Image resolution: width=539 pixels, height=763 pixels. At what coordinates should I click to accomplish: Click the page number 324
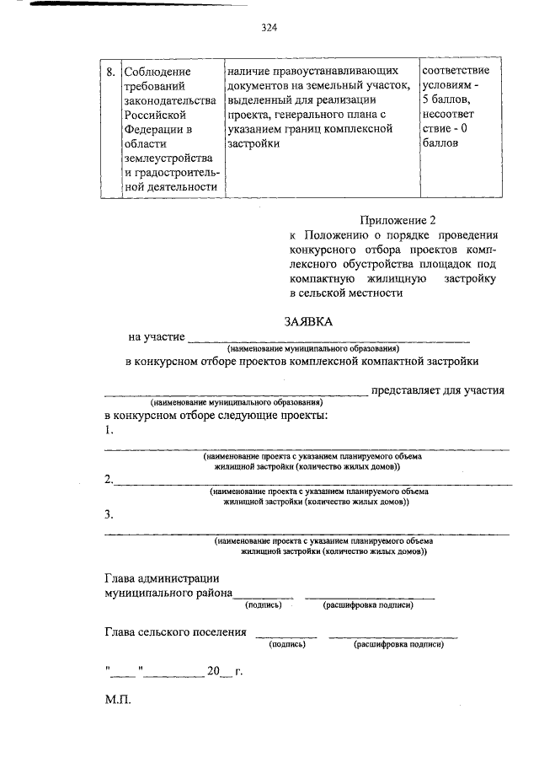point(269,27)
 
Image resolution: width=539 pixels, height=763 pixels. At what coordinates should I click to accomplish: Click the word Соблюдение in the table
point(157,72)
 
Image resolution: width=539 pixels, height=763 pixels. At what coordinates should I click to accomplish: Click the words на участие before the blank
point(157,337)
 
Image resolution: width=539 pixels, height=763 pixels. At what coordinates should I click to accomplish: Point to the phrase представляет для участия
point(438,390)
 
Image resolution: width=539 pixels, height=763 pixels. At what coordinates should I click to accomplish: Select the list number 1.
point(109,431)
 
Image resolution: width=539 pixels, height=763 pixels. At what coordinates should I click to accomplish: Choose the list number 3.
point(109,514)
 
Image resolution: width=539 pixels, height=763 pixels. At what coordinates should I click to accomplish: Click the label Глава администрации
point(162,578)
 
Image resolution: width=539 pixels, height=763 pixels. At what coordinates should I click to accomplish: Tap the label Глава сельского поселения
point(176,631)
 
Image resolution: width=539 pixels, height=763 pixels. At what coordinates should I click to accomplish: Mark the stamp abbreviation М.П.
point(118,701)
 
